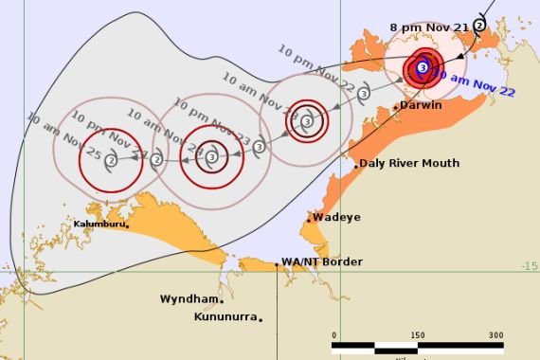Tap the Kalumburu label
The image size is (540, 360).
(101, 225)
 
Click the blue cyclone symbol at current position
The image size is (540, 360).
(422, 67)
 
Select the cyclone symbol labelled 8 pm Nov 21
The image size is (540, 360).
(479, 25)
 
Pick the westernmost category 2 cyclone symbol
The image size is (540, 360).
(112, 160)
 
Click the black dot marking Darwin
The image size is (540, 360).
(396, 108)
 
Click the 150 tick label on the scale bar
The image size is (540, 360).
(417, 335)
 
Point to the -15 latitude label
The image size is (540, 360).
(530, 266)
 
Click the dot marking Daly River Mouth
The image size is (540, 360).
(356, 166)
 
